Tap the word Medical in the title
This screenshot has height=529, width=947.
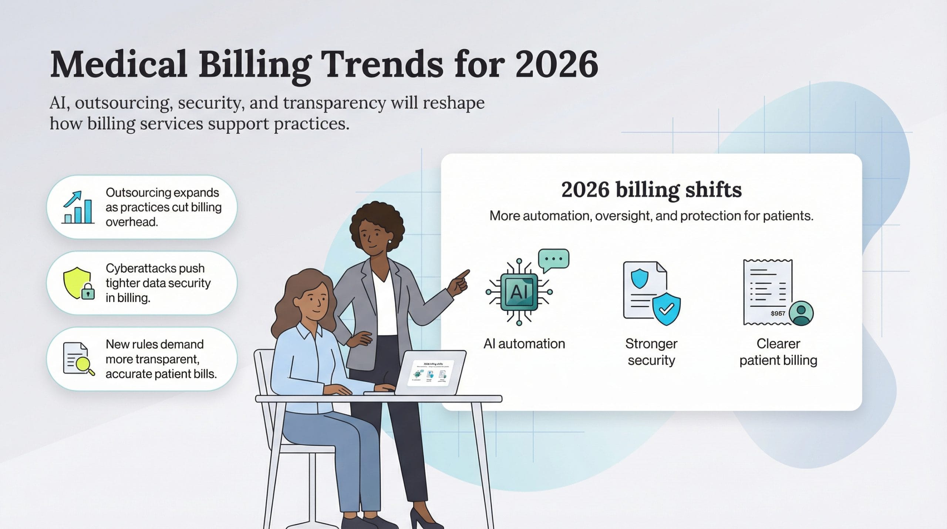coord(118,64)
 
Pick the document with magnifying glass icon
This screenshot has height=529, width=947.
coord(78,359)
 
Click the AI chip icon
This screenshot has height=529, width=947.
coord(519,292)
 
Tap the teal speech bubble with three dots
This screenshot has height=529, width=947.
coord(553,259)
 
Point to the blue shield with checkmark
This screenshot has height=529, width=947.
coord(666,309)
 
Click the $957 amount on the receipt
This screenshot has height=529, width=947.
coord(778,314)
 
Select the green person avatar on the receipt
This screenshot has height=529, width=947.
coord(801,313)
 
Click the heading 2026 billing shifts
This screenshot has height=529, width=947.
coord(651,190)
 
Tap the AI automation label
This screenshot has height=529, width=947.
coord(524,344)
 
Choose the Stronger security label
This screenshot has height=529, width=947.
coord(651,352)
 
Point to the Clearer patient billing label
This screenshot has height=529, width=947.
coord(778,352)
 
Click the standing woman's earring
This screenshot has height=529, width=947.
coord(390,242)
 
